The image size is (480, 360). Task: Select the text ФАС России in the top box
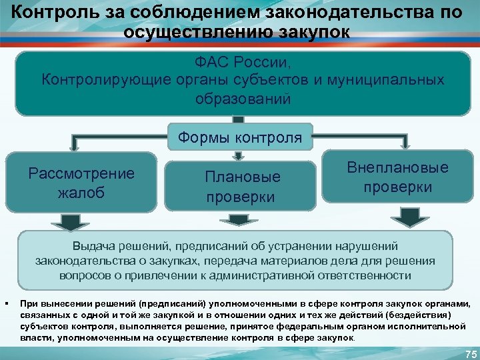(x=243, y=63)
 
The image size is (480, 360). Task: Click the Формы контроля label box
(x=240, y=138)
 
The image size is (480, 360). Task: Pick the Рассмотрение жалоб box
(x=81, y=183)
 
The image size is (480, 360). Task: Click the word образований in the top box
(x=243, y=99)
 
